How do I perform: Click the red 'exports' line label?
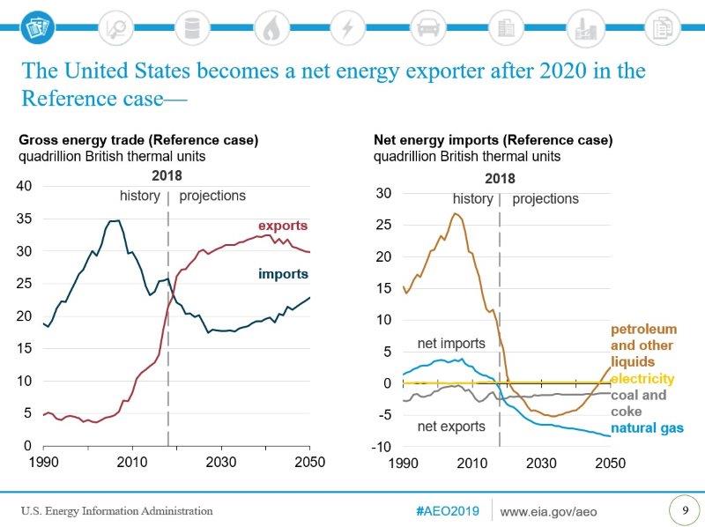pos(282,226)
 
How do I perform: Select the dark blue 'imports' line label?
pos(283,274)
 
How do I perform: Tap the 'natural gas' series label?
pos(647,428)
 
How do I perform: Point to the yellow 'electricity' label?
pos(642,379)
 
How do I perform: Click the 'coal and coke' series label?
pos(639,403)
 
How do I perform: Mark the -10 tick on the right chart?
pos(382,447)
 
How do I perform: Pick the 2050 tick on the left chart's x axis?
pos(309,462)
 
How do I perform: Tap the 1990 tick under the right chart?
pos(403,463)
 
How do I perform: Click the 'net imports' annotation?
pos(450,343)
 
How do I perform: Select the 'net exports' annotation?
pos(450,427)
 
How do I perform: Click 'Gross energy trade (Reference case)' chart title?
pos(139,140)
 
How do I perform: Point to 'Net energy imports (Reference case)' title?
pos(493,140)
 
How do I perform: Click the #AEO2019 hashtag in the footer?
pos(447,511)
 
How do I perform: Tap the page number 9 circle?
pos(684,509)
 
